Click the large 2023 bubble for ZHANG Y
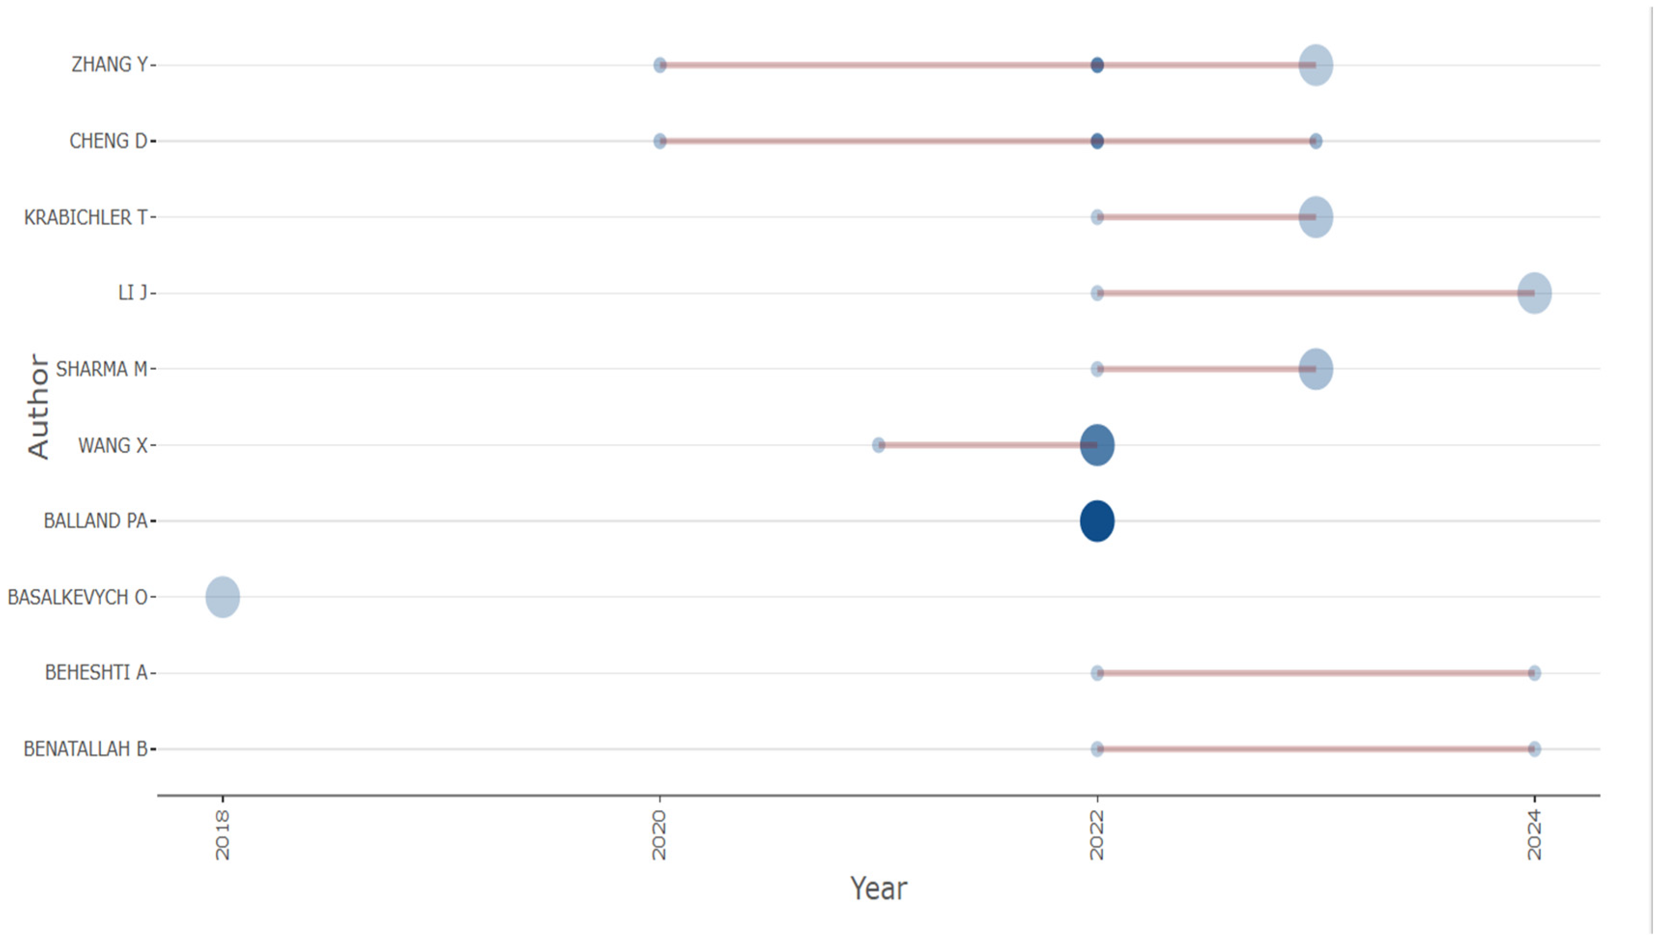pyautogui.click(x=1315, y=65)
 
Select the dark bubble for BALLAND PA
pyautogui.click(x=1097, y=521)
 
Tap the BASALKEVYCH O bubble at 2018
pyautogui.click(x=223, y=596)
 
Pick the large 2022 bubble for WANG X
pyautogui.click(x=1097, y=445)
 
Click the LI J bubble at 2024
pyautogui.click(x=1534, y=293)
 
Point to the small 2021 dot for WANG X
pyautogui.click(x=878, y=445)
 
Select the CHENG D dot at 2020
pyautogui.click(x=659, y=141)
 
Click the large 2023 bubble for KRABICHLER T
pyautogui.click(x=1315, y=217)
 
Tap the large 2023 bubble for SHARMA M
pyautogui.click(x=1315, y=369)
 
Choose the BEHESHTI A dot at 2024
pyautogui.click(x=1534, y=673)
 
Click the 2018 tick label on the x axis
pyautogui.click(x=223, y=836)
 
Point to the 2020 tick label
pyautogui.click(x=659, y=836)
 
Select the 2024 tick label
pyautogui.click(x=1534, y=836)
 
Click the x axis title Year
pyautogui.click(x=878, y=888)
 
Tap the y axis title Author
pyautogui.click(x=38, y=407)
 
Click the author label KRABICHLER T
pyautogui.click(x=86, y=217)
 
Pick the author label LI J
pyautogui.click(x=133, y=293)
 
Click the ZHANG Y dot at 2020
pyautogui.click(x=659, y=65)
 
